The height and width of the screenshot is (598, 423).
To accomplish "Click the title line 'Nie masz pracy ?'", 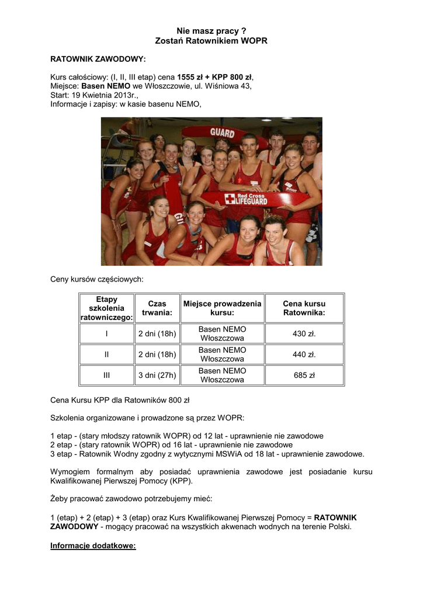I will (x=211, y=30).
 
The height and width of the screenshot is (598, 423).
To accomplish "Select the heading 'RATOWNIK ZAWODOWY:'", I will (x=98, y=60).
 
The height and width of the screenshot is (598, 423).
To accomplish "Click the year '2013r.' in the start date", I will (x=125, y=95).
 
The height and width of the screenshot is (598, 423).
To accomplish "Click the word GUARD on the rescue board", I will (x=222, y=133).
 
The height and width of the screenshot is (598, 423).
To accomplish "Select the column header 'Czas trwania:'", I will (x=157, y=308).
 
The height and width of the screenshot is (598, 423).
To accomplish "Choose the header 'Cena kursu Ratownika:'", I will (x=304, y=308).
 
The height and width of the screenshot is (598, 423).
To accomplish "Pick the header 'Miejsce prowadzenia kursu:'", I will (x=222, y=308).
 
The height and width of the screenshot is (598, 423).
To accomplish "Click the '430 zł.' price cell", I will (x=304, y=334).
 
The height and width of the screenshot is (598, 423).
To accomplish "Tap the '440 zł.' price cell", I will (x=304, y=354).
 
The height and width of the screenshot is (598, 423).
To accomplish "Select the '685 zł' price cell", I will (x=304, y=376).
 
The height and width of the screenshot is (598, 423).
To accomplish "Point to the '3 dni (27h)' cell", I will (x=157, y=376).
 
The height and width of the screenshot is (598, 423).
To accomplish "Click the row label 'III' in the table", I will (x=107, y=376).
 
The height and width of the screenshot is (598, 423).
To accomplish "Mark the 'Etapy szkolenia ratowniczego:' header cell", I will (x=107, y=308).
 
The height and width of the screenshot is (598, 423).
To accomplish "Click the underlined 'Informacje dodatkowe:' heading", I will (x=93, y=546).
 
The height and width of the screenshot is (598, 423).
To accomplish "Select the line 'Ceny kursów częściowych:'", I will (x=96, y=280).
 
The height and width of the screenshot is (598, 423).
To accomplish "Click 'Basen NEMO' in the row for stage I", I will (x=222, y=329).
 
